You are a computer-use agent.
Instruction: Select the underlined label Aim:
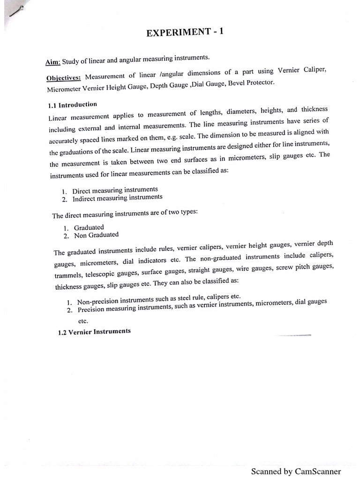54,62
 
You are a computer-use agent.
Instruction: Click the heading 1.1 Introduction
72,105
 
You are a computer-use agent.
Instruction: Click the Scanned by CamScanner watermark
296,471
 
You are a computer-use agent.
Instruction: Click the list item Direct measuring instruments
115,190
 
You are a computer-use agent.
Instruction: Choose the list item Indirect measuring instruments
117,198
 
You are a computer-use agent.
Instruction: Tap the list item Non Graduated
96,235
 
